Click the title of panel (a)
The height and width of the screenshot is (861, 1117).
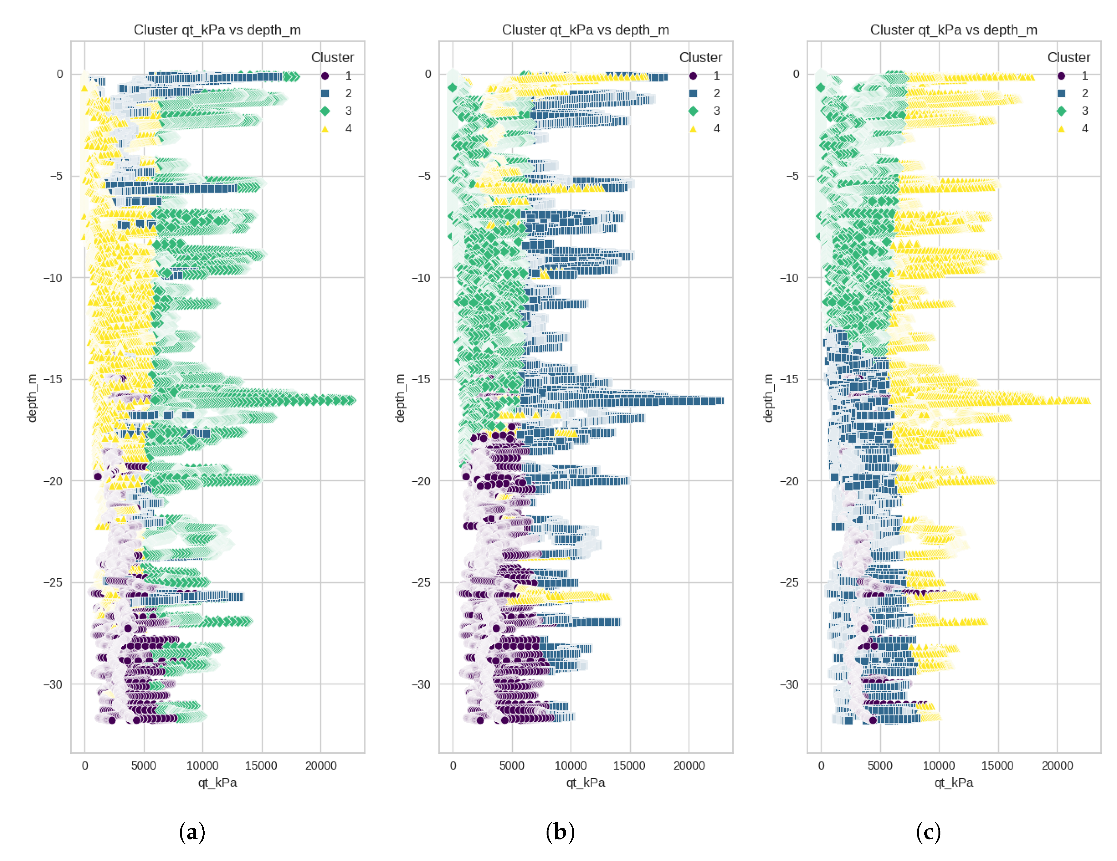(217, 30)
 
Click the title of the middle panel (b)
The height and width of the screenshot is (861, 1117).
(585, 30)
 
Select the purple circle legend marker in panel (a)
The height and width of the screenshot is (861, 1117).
(325, 76)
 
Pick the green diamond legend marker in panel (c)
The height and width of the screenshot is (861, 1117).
(1061, 111)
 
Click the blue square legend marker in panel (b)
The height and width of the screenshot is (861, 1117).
(693, 93)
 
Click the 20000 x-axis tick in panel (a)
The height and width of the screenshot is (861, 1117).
(321, 765)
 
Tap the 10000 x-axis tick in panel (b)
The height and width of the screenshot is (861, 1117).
(570, 765)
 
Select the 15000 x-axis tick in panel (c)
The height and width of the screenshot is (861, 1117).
(997, 765)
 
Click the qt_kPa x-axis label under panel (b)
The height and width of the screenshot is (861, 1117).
(585, 782)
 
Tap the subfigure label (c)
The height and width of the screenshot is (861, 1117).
(928, 832)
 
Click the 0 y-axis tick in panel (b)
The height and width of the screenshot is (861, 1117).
(428, 74)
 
